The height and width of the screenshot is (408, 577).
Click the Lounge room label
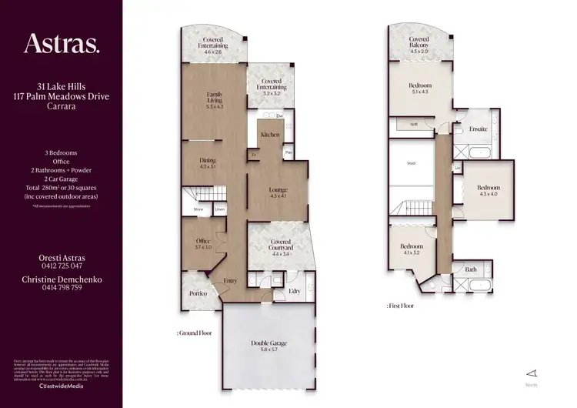point(278,192)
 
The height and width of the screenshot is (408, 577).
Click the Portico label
point(198,294)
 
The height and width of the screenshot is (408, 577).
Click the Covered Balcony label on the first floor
point(419,42)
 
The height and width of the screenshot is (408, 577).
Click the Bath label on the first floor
point(471,270)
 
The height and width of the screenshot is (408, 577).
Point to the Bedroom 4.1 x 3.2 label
point(412,249)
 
